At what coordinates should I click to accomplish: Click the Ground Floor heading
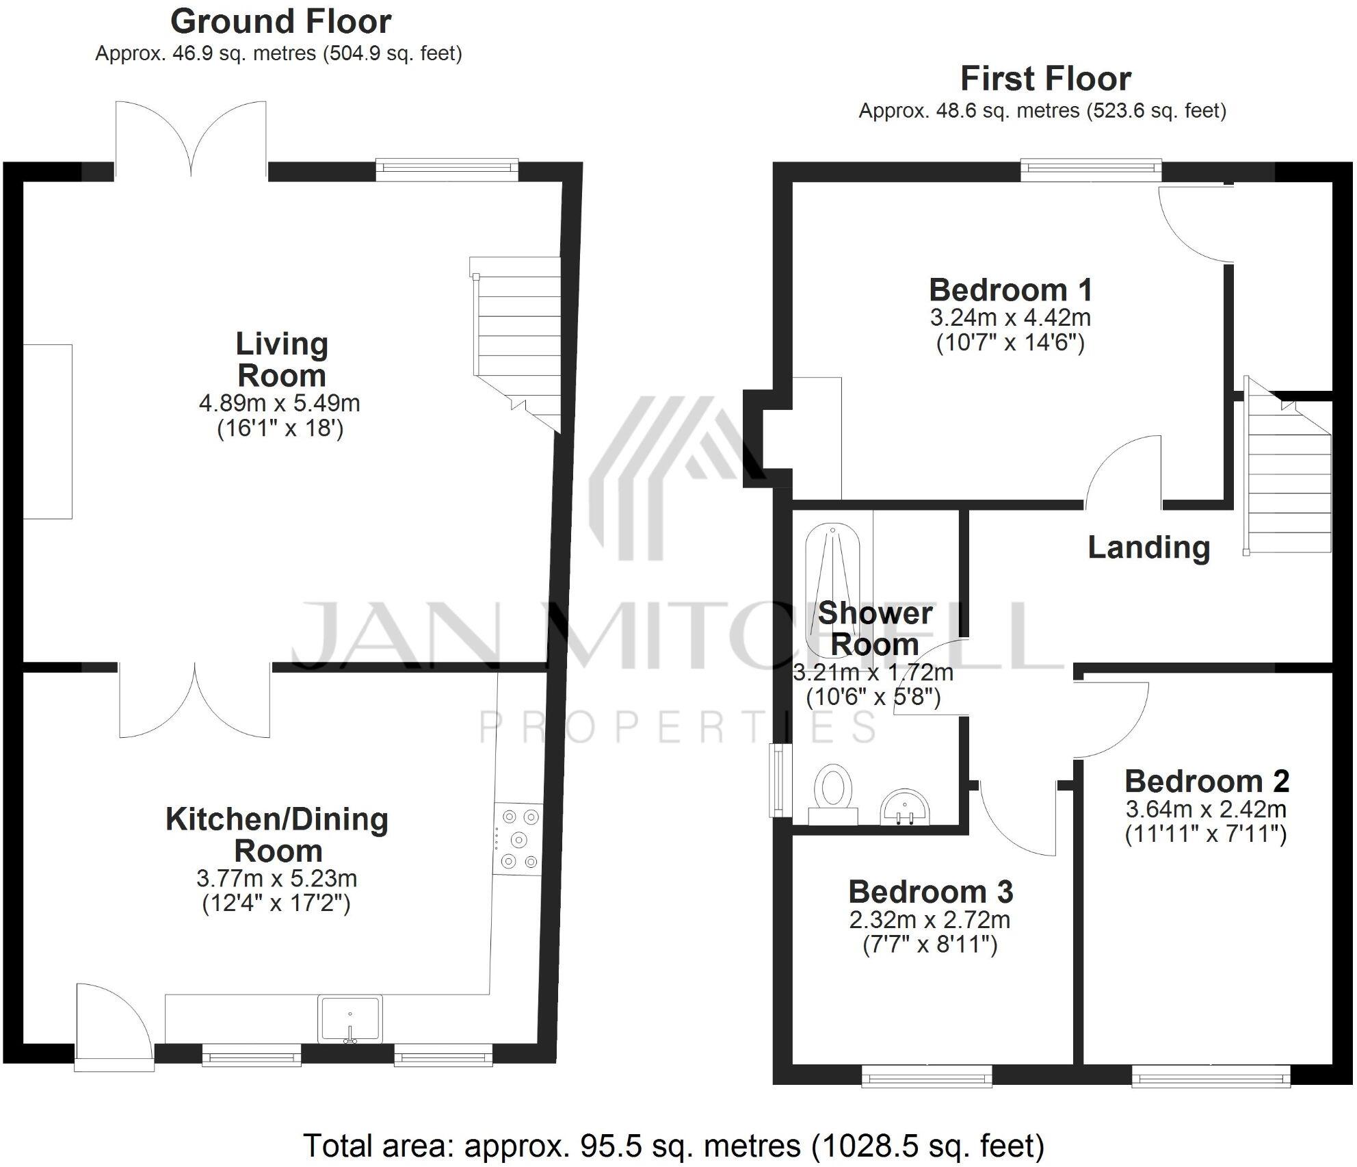pos(280,22)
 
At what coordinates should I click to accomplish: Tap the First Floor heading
pos(1045,79)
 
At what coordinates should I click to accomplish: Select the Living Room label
pos(282,360)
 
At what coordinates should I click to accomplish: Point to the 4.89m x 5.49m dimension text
pos(279,403)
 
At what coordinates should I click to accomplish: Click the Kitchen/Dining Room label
pos(277,835)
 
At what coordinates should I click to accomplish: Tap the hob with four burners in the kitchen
pos(518,838)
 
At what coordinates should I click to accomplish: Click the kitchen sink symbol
pos(350,1018)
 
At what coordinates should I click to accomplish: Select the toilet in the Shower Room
pos(834,793)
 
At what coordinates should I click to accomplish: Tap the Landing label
pos(1148,548)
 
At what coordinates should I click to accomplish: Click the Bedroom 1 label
pos(1010,290)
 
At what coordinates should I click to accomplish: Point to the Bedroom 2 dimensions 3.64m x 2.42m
pos(1206,810)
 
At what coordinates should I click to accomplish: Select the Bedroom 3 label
pos(930,892)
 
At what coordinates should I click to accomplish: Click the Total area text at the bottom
pos(673,1145)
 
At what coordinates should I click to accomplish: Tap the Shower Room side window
pos(779,780)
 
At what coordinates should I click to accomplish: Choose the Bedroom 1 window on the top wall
pos(1090,169)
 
